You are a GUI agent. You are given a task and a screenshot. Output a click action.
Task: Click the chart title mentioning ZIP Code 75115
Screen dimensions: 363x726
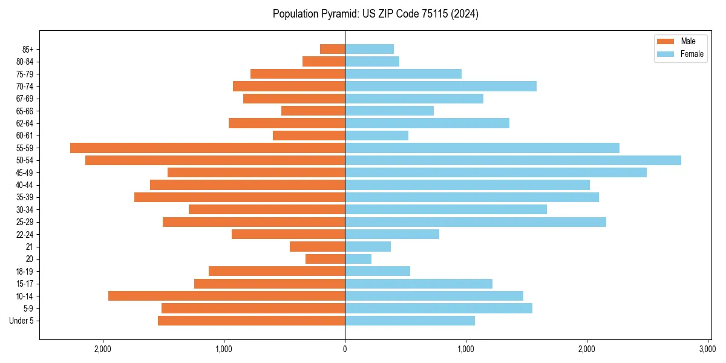pyautogui.click(x=375, y=14)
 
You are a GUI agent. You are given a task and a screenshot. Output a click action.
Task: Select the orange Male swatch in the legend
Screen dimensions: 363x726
pyautogui.click(x=665, y=41)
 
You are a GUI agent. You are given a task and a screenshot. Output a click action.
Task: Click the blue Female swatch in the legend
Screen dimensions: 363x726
pyautogui.click(x=665, y=54)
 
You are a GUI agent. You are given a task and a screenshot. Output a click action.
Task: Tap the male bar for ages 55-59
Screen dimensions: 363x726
pyautogui.click(x=208, y=148)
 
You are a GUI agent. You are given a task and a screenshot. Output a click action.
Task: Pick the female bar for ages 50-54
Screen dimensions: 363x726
pyautogui.click(x=513, y=160)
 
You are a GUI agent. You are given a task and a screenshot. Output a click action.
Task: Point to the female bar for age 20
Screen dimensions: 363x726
pyautogui.click(x=358, y=259)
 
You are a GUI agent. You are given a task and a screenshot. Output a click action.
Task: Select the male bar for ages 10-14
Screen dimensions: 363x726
pyautogui.click(x=227, y=296)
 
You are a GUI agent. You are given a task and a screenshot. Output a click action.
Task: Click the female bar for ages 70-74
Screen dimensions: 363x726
pyautogui.click(x=440, y=86)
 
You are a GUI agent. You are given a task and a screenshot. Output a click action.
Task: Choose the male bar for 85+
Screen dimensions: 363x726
pyautogui.click(x=332, y=49)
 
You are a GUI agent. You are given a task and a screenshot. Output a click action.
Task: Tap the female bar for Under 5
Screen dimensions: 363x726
pyautogui.click(x=410, y=321)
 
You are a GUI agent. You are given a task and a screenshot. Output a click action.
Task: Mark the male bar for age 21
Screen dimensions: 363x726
pyautogui.click(x=317, y=246)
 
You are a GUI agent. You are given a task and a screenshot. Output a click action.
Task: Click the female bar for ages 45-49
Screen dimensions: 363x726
pyautogui.click(x=495, y=172)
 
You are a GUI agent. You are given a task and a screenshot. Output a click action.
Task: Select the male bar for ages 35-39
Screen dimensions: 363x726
pyautogui.click(x=240, y=197)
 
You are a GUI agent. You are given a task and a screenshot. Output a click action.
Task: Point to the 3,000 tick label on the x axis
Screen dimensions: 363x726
pyautogui.click(x=707, y=349)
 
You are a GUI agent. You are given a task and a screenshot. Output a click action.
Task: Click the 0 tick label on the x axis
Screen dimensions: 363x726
pyautogui.click(x=345, y=349)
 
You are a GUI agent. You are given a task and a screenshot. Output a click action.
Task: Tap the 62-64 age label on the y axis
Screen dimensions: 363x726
pyautogui.click(x=25, y=123)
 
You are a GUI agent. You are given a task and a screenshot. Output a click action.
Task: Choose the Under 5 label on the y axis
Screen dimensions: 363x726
pyautogui.click(x=22, y=321)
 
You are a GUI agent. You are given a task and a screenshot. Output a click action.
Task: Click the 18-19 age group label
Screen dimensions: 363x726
pyautogui.click(x=25, y=271)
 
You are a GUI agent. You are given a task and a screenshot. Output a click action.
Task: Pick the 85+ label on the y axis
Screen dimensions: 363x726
pyautogui.click(x=28, y=49)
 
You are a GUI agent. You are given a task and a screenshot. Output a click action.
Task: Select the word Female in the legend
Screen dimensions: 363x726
pyautogui.click(x=692, y=54)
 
